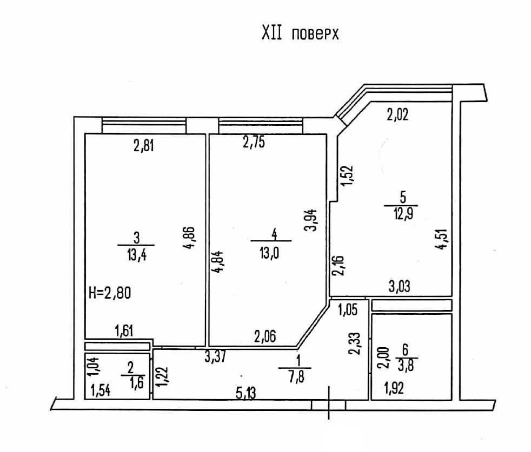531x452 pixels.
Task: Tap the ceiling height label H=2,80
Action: (110, 293)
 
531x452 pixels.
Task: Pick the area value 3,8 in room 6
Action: (406, 367)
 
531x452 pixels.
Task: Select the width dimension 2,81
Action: (144, 145)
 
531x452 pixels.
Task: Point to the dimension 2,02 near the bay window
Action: (399, 114)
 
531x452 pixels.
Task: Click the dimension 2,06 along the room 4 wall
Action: (265, 338)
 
